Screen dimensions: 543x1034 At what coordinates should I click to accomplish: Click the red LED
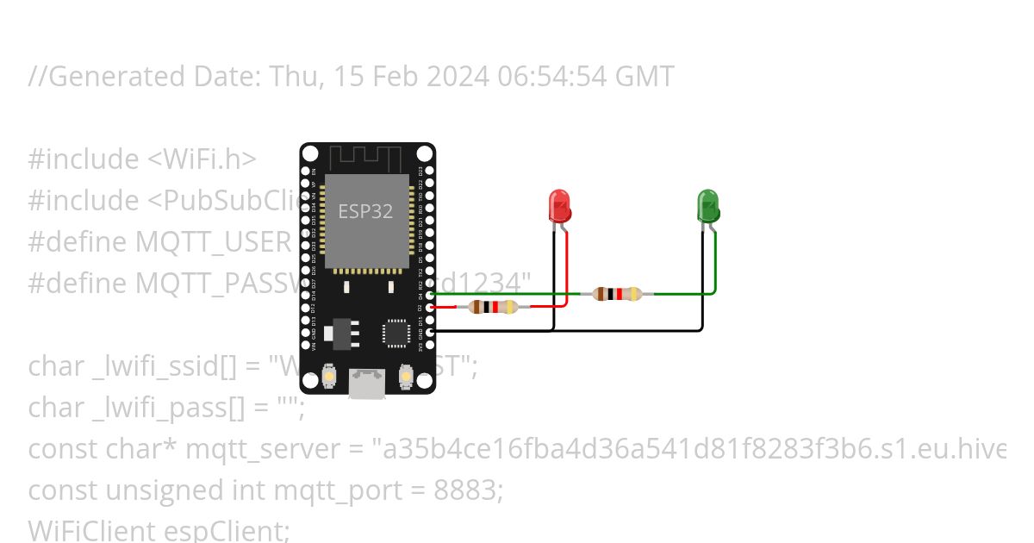(x=559, y=206)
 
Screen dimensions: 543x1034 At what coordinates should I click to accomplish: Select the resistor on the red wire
(x=493, y=306)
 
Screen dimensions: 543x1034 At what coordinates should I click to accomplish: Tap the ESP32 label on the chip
(x=365, y=211)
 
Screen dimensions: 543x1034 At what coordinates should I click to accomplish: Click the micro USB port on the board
(x=367, y=382)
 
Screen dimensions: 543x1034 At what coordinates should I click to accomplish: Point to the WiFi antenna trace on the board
(x=367, y=159)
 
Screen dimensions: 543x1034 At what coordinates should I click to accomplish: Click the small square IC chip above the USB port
(x=396, y=333)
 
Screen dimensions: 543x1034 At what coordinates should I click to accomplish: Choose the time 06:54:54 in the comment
(x=551, y=77)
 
